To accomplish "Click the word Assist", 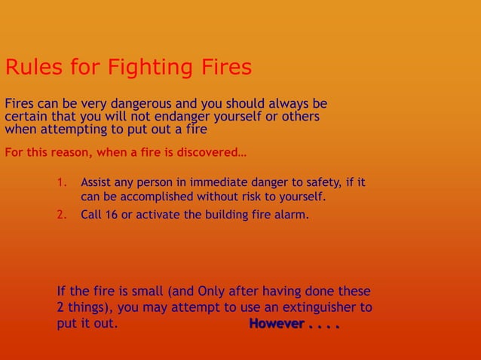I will tap(96, 182).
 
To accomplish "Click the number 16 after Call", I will tap(112, 215).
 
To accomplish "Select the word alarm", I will tap(293, 215).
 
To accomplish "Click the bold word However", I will tap(277, 325).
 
